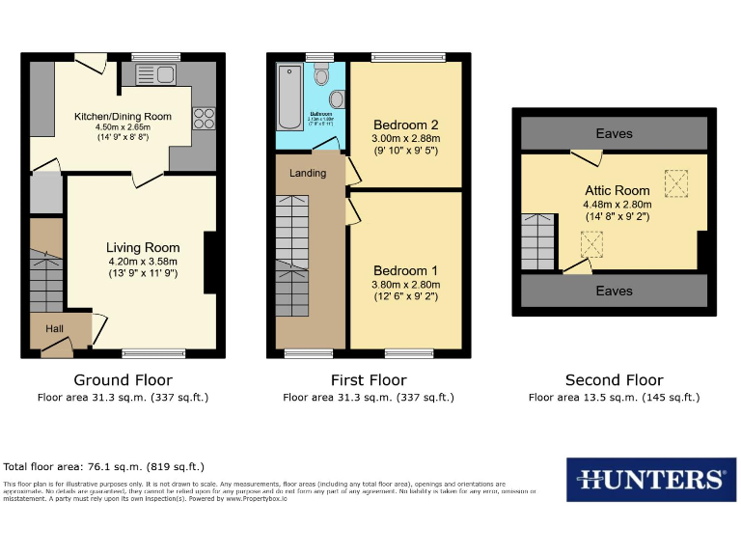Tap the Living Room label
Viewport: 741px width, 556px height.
pos(143,248)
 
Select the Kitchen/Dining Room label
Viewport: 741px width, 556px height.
pos(123,117)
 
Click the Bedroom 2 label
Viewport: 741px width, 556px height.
pos(406,125)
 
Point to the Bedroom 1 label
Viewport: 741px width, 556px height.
pos(406,271)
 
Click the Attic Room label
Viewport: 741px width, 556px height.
pos(617,191)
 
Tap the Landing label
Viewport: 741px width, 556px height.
pos(308,173)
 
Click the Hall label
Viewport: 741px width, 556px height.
pos(54,329)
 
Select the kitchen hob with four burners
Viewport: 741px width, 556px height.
pos(204,118)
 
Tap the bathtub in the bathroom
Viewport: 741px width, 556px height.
pos(288,97)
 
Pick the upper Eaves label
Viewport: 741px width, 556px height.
pos(614,133)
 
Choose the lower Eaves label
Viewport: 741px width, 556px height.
pos(614,291)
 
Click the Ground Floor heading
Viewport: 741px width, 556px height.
pos(123,380)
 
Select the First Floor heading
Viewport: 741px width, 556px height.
pos(368,380)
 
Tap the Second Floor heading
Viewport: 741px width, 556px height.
pos(614,380)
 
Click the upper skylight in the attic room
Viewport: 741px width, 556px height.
pos(677,181)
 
